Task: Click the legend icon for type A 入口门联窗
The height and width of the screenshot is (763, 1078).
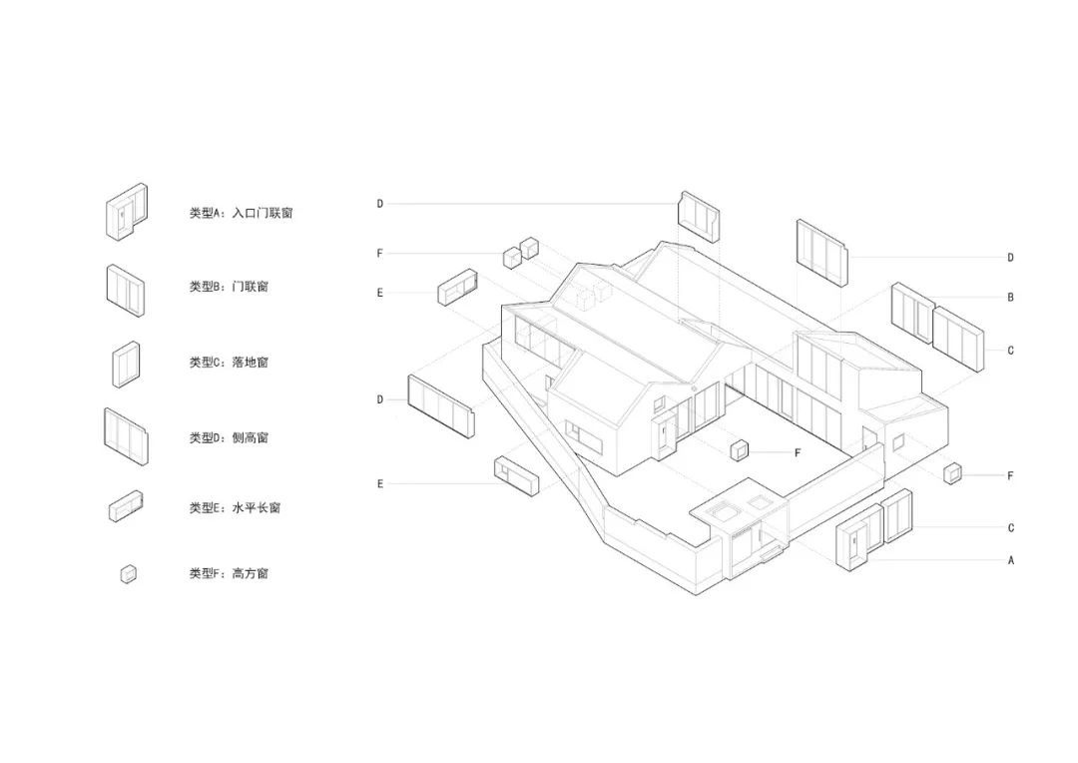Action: point(127,212)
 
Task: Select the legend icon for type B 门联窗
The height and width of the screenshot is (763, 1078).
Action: point(125,291)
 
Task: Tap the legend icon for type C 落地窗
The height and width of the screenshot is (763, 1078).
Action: point(127,364)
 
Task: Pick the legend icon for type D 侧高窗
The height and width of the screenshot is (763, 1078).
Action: point(126,436)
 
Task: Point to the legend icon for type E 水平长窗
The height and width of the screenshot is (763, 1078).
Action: point(126,505)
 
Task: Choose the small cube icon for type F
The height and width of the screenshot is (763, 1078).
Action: point(129,574)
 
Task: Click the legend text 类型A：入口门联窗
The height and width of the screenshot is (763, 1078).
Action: point(242,214)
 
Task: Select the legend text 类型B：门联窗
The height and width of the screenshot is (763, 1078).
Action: point(229,287)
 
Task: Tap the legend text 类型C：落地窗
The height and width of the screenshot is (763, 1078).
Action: point(229,362)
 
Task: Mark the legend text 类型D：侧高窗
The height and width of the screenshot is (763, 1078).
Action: point(229,437)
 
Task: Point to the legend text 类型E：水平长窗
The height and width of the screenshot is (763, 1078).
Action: point(236,507)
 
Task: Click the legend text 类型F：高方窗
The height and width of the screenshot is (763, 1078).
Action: point(229,573)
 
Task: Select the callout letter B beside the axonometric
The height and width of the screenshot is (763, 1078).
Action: point(1010,298)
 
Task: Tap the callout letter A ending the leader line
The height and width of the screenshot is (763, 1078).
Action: point(1010,560)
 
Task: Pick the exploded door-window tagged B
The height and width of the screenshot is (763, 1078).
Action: point(912,313)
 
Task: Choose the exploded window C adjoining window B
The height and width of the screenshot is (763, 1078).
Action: point(958,340)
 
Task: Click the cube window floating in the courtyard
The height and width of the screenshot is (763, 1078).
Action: point(739,450)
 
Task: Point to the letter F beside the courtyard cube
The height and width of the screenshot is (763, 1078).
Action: point(798,452)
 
